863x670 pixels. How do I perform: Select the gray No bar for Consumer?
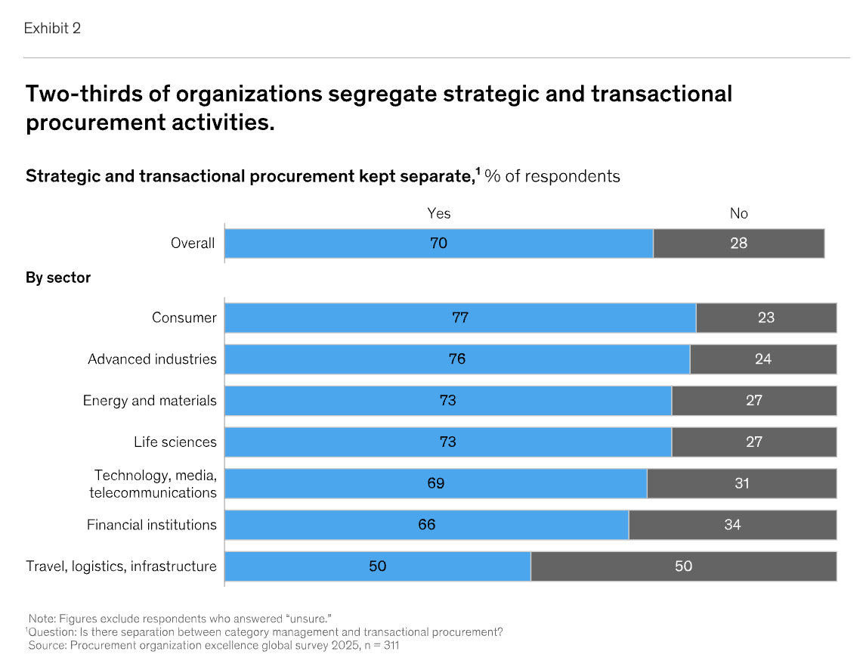(x=766, y=318)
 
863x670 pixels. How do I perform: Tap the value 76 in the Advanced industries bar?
(x=457, y=359)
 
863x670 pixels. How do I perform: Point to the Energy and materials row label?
(x=150, y=401)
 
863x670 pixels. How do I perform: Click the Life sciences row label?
(x=175, y=442)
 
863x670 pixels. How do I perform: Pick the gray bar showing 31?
(x=741, y=483)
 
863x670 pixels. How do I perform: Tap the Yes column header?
(x=439, y=213)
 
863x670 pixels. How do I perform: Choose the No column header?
(x=738, y=213)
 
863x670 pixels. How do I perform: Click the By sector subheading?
(x=58, y=278)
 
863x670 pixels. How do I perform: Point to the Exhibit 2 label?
(x=52, y=29)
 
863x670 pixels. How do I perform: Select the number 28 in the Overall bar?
(x=738, y=243)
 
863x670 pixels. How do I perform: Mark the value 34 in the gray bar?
(x=732, y=525)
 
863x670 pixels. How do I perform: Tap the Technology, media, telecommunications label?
(x=154, y=484)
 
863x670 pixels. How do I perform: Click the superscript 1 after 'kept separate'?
(x=478, y=171)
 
